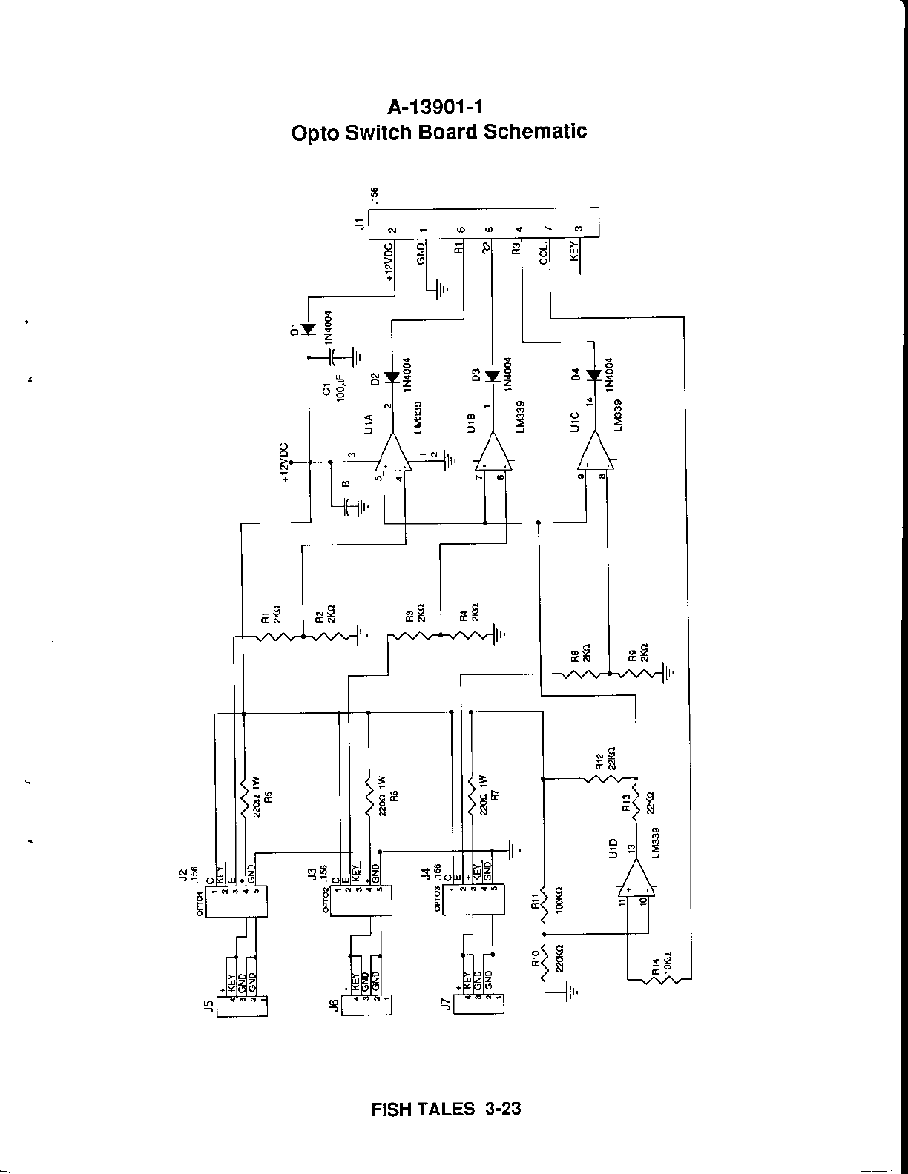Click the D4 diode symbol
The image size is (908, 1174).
coord(593,376)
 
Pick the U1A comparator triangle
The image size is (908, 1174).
coord(392,454)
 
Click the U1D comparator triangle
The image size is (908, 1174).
coord(635,879)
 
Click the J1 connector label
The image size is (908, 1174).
coord(360,223)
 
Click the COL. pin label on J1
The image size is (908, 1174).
coord(544,253)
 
